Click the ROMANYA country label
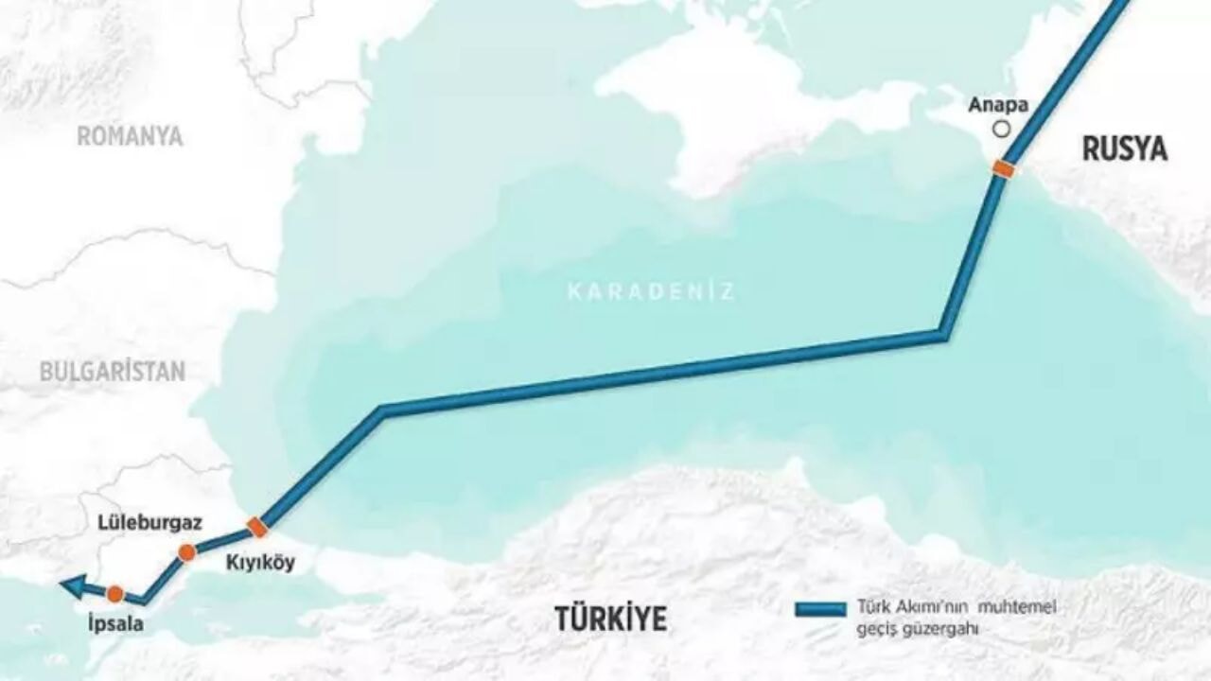coord(130,136)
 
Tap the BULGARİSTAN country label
coord(113,372)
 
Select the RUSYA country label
coord(1125,148)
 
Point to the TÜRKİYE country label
coord(610,619)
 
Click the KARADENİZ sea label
coord(651,291)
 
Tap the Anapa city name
coord(998,106)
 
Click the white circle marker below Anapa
coord(1000,130)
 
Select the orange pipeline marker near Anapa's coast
coord(1003,169)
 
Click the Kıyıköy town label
coord(260,563)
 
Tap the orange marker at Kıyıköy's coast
coord(256,527)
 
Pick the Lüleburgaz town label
coord(149,523)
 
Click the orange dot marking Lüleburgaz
coord(187,552)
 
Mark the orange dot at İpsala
coord(115,594)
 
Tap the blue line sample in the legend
coord(820,609)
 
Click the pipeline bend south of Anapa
coord(942,334)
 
